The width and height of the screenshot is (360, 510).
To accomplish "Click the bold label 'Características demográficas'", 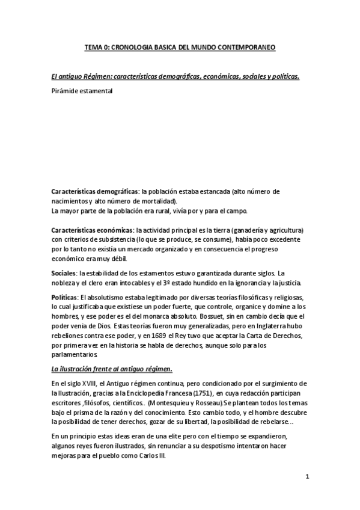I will point(95,191).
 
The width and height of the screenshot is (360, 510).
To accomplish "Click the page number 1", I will point(307,478).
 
